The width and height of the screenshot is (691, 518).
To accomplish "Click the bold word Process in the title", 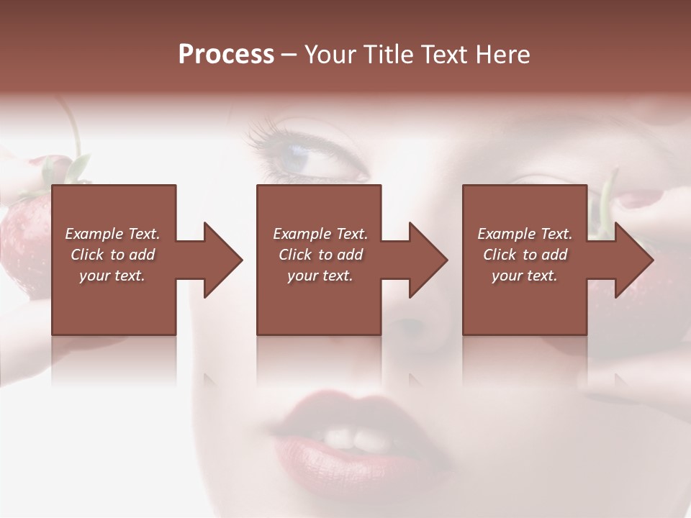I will click(226, 55).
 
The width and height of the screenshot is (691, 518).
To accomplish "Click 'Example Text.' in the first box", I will click(112, 234).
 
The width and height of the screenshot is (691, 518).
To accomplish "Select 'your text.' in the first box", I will click(112, 276).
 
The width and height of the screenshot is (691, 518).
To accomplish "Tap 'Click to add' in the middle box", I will click(320, 255).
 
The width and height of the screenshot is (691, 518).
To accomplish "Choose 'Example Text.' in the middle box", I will click(320, 234).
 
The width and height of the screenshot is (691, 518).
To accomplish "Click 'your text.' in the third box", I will click(525, 276).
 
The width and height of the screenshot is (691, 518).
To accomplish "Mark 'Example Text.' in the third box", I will click(525, 234).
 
